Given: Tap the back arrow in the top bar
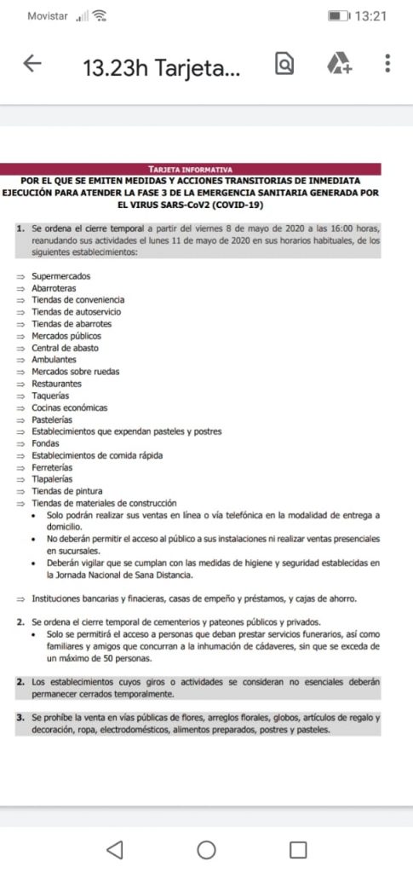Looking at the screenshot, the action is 32,64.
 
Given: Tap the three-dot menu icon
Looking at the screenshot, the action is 387,64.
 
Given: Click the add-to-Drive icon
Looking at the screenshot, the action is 339,64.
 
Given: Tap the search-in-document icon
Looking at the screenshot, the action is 285,64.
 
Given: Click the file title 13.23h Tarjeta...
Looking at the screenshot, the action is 161,67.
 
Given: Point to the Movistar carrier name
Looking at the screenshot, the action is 48,16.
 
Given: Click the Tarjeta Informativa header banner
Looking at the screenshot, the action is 190,170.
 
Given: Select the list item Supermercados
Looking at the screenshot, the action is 60,276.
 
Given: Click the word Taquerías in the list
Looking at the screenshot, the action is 51,396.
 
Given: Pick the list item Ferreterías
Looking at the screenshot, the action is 52,467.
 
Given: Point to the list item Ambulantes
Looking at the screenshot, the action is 54,360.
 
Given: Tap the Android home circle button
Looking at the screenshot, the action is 206,849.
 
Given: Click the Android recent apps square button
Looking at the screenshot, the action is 297,849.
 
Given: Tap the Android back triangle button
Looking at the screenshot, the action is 115,849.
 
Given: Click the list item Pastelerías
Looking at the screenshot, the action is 52,419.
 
